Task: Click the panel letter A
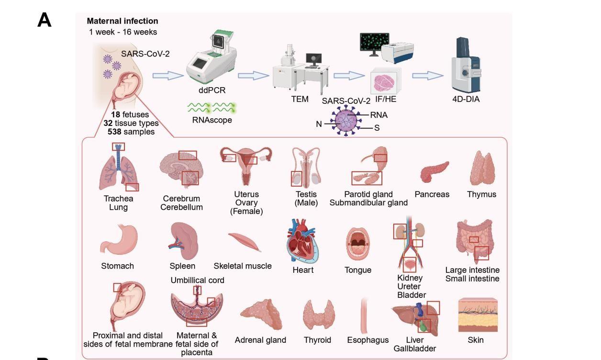coord(44,21)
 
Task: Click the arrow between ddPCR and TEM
coord(254,76)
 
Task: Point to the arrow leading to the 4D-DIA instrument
coord(428,76)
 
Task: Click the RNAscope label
coord(212,120)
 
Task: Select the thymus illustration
coord(482,169)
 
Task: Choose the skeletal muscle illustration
coord(244,242)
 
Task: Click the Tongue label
coord(358,270)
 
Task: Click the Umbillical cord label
coord(197,280)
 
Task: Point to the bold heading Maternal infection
coord(122,21)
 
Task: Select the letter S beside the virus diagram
coord(377,128)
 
